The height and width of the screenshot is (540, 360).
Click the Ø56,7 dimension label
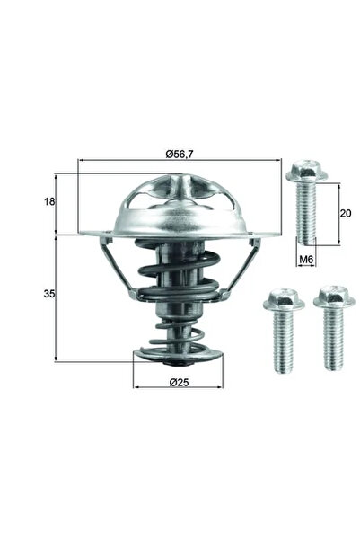(x=180, y=155)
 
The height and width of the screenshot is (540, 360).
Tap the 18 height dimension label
(x=49, y=201)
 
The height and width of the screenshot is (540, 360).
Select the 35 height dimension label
(x=49, y=294)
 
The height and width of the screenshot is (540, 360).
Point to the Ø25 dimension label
(x=180, y=382)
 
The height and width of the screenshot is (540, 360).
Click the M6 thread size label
(x=306, y=260)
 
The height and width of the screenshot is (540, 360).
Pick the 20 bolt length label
(x=346, y=214)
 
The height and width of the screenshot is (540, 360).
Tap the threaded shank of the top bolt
(x=306, y=214)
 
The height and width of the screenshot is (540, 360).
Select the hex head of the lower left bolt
(x=284, y=299)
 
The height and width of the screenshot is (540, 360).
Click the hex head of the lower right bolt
(x=334, y=297)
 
